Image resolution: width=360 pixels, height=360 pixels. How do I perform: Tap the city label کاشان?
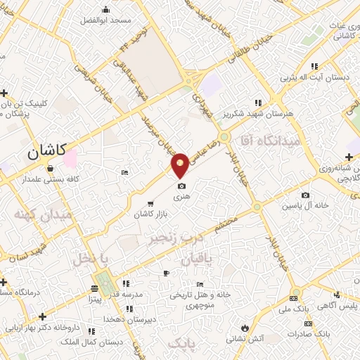click(x=47, y=150)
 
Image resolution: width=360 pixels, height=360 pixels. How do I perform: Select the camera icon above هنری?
click(x=181, y=186)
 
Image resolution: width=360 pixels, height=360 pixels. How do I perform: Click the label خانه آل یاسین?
click(x=306, y=205)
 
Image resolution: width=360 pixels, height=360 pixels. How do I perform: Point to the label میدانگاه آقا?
click(x=269, y=140)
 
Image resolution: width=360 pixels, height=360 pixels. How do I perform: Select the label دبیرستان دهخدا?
click(x=129, y=319)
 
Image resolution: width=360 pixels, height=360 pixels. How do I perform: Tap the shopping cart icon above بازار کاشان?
click(x=150, y=204)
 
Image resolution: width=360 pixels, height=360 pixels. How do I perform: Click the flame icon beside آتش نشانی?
click(x=245, y=328)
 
